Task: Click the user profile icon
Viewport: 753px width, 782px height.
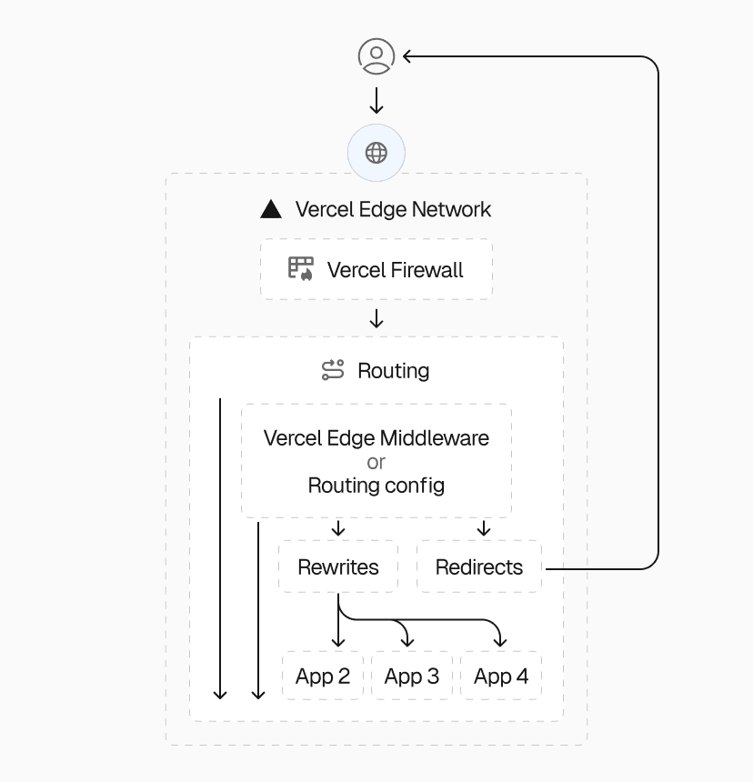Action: pos(376,56)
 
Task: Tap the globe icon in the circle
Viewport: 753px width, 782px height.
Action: pos(376,153)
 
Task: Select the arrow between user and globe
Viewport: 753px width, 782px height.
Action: pos(376,100)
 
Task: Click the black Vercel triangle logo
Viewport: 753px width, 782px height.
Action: pos(271,209)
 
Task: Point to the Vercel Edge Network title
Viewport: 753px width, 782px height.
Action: pos(393,209)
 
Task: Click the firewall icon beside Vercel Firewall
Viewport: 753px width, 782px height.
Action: pos(301,268)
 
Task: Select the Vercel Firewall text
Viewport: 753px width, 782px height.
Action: pos(395,270)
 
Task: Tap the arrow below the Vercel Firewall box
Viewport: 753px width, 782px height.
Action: pos(376,319)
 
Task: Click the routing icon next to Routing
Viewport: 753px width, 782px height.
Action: pos(333,370)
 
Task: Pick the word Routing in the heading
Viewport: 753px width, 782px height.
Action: pos(393,371)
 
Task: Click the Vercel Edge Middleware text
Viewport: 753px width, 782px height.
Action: pos(376,437)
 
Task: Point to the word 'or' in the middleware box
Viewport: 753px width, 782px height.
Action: pos(376,462)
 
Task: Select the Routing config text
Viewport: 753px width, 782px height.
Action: pos(376,486)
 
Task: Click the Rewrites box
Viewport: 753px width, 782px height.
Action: pos(338,567)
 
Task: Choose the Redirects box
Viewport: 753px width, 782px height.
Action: pos(479,567)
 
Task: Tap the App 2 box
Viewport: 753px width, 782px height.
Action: pos(323,677)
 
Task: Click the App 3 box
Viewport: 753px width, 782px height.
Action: pos(412,677)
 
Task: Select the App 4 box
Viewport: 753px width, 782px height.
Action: pos(501,677)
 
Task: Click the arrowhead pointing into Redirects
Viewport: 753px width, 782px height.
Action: pos(484,532)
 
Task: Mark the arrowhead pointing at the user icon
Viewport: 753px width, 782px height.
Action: pos(407,56)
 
